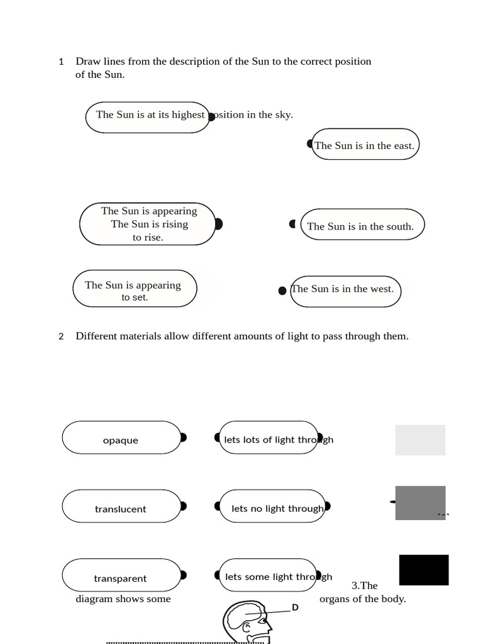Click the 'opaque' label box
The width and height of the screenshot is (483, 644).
[x=121, y=438]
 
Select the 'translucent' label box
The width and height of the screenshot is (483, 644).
[x=121, y=506]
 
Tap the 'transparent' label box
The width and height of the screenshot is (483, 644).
[x=121, y=575]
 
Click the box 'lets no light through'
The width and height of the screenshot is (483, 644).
[x=272, y=506]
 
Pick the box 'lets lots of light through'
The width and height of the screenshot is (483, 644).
[x=269, y=438]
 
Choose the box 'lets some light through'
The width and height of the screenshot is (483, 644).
[x=268, y=575]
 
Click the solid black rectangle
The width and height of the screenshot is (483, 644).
[x=424, y=570]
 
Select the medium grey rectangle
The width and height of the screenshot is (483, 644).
[x=420, y=503]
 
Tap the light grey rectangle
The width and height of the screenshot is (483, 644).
[x=420, y=440]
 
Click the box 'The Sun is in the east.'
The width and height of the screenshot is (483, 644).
[x=365, y=144]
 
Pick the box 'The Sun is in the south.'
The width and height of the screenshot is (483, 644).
[x=362, y=225]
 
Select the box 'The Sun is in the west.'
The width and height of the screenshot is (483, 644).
[x=345, y=292]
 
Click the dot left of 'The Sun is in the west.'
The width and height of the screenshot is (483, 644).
[x=282, y=291]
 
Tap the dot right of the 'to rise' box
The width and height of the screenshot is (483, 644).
[x=219, y=225]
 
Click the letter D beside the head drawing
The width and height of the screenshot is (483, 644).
[x=295, y=608]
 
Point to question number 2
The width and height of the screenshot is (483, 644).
[x=61, y=337]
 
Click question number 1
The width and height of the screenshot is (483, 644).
[x=61, y=62]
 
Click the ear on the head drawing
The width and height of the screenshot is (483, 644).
[x=247, y=628]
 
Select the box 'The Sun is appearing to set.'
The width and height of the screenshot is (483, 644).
[x=135, y=288]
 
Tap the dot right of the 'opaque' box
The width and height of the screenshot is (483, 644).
[x=184, y=438]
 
